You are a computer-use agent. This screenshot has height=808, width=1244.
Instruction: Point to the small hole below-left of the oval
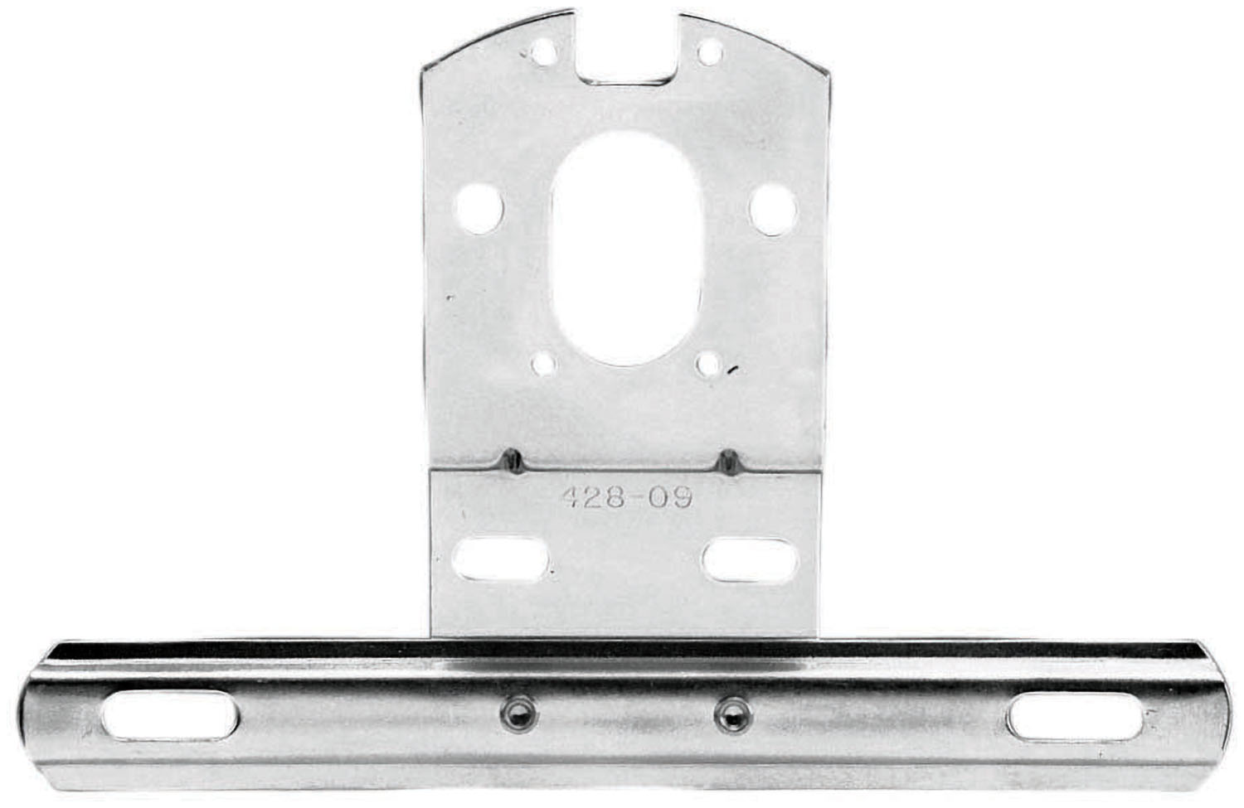pos(543,363)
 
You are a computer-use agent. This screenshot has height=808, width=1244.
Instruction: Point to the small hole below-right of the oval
pos(708,362)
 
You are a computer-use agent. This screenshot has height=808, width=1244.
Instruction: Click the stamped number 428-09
pos(627,498)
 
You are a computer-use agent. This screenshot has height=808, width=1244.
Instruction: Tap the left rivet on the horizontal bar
pos(515,711)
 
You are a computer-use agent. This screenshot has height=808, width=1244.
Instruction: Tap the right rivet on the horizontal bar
pos(730,711)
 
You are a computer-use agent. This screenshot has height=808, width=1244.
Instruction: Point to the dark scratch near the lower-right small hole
pos(731,370)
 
